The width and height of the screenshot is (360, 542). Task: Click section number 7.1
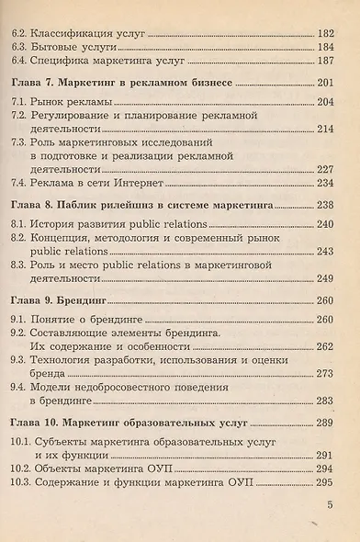coord(15,104)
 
